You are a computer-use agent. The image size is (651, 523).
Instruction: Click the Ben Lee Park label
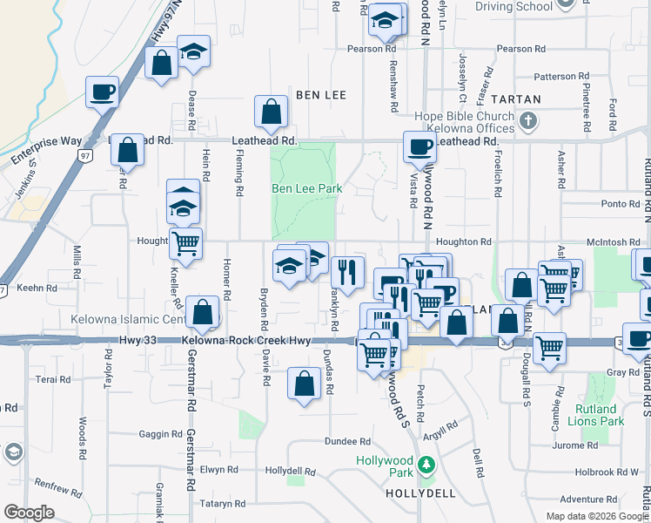click(306, 188)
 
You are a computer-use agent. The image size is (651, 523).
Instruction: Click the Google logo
click(29, 513)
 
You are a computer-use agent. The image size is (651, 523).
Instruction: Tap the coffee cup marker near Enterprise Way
click(102, 92)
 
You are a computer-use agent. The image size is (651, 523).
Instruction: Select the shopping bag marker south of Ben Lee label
click(271, 112)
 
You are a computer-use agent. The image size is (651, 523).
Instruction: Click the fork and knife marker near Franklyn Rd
click(347, 272)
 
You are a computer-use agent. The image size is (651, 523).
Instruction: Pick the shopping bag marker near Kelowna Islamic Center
click(202, 312)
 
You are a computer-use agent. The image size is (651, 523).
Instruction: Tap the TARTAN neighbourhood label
click(515, 99)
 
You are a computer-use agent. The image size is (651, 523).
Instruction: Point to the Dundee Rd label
click(349, 442)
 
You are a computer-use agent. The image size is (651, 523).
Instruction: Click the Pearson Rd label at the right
click(522, 49)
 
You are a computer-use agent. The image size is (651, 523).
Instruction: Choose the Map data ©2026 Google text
click(596, 516)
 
